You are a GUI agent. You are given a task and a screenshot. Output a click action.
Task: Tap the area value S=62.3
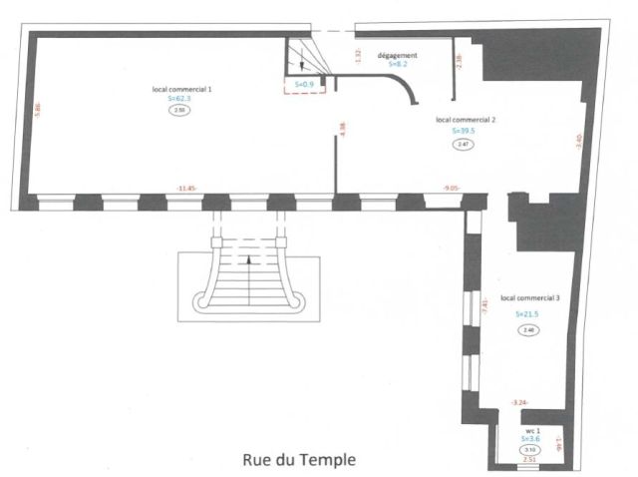(x=178, y=99)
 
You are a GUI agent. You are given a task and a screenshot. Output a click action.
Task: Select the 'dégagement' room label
(x=397, y=55)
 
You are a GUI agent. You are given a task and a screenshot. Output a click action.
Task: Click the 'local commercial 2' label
(x=466, y=119)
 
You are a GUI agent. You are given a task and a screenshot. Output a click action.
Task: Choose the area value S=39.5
(x=465, y=130)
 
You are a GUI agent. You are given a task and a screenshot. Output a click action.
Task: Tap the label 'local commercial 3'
(x=529, y=298)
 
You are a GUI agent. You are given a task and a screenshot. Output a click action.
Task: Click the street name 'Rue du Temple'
(x=298, y=461)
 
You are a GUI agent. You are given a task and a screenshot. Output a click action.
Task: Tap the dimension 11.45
(x=185, y=188)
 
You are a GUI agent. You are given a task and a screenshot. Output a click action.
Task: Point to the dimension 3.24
(x=518, y=402)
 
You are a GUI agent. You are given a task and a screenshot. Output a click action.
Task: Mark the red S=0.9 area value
(x=306, y=85)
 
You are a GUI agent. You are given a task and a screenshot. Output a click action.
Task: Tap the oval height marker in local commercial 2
(x=464, y=144)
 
